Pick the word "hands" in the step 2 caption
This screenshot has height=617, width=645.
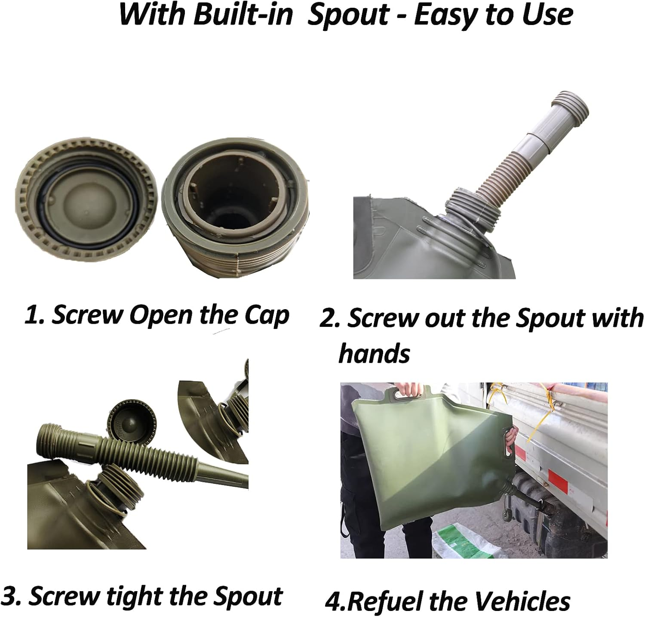(374, 353)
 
